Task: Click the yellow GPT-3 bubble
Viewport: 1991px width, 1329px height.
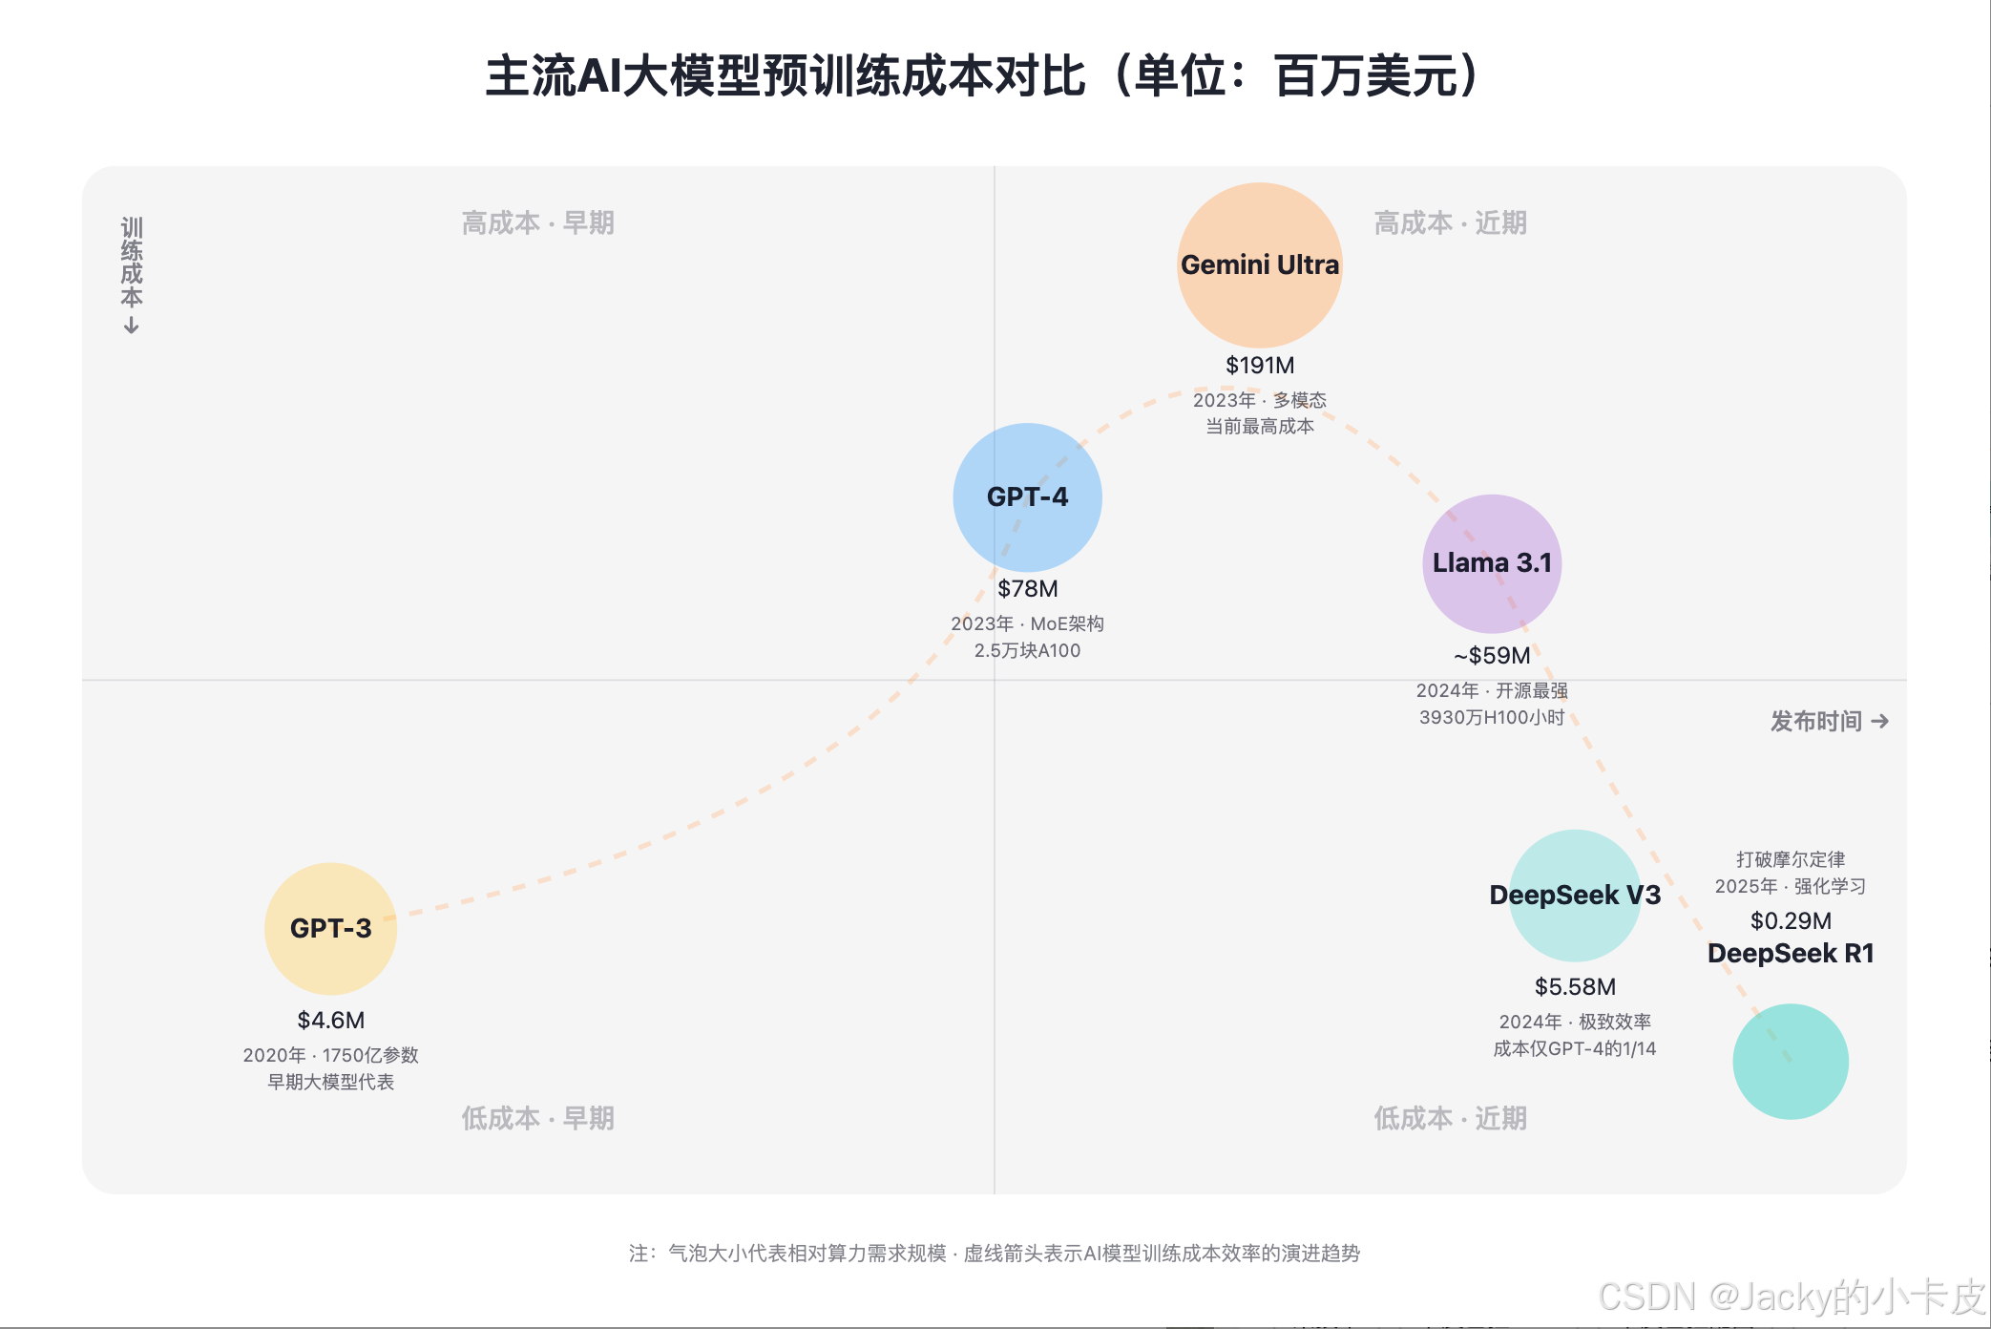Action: coord(330,928)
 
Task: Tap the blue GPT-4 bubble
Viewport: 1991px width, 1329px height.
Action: coord(1027,496)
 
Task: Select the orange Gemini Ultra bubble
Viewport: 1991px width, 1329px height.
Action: coord(1259,264)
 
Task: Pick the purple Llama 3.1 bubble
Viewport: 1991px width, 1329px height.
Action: coord(1492,563)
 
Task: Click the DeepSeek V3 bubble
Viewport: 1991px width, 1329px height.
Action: coord(1575,896)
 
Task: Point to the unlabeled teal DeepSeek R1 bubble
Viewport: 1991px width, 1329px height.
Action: coord(1791,1062)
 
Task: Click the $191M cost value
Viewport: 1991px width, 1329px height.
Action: coord(1260,366)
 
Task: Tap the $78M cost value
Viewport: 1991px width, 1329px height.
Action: coord(1028,589)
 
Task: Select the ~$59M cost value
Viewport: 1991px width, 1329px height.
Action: coord(1492,656)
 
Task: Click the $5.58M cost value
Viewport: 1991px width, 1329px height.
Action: coord(1575,987)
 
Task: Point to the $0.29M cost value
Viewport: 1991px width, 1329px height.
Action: coord(1791,921)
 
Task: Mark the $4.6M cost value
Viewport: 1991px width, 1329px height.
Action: coord(330,1021)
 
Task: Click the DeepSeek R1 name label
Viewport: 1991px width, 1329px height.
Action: coord(1791,954)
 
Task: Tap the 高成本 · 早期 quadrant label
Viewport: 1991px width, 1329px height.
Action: coord(537,223)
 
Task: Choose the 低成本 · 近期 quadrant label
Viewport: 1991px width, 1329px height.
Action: coord(1450,1118)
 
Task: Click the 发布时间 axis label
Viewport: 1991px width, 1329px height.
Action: coord(1816,722)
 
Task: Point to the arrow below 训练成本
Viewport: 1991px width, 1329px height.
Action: coord(132,327)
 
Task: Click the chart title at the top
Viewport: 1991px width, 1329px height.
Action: coord(983,76)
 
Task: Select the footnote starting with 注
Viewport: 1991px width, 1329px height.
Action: coord(995,1254)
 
